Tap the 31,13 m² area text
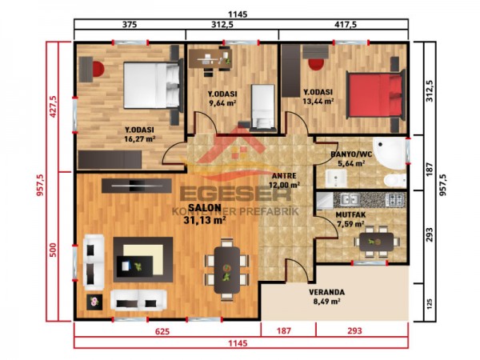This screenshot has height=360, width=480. [205, 219]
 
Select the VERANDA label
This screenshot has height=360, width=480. [328, 292]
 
